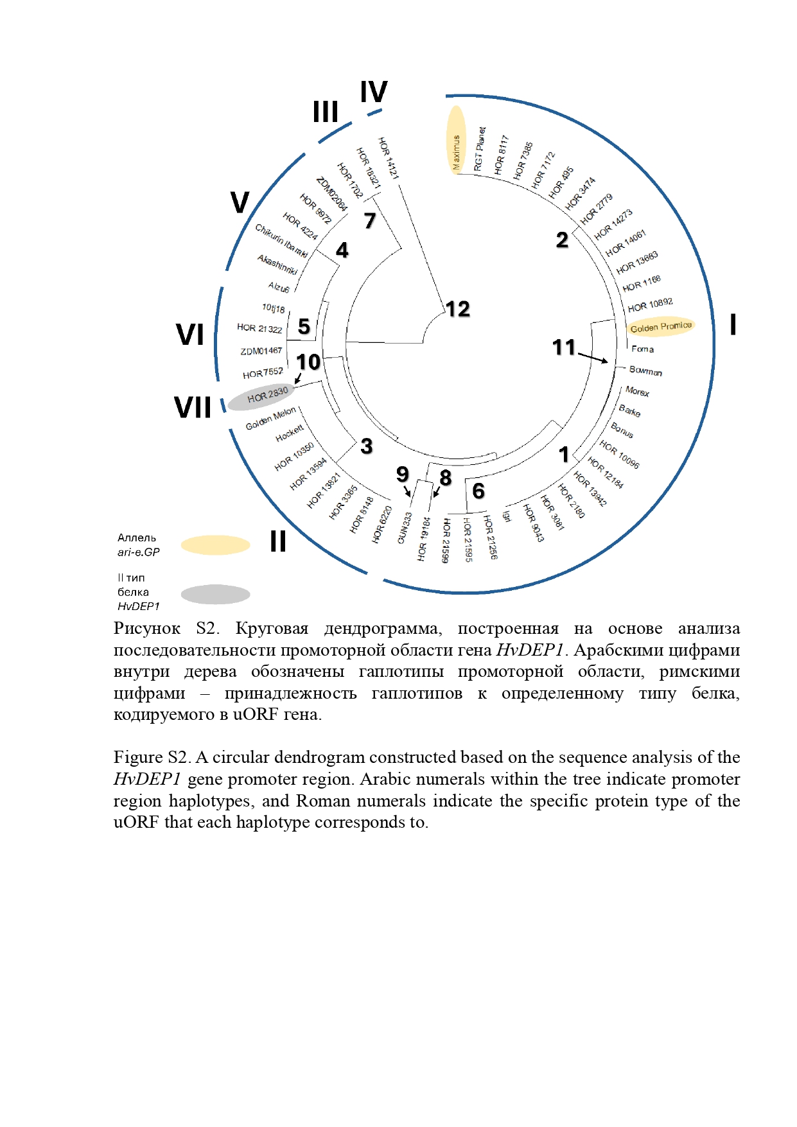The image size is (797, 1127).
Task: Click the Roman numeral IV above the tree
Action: click(x=374, y=92)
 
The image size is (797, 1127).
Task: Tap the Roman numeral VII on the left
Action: click(x=193, y=408)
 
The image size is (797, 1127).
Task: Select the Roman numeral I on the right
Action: click(x=733, y=324)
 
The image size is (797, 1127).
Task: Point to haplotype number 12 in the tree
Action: click(x=458, y=310)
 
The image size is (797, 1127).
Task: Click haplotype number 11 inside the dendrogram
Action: click(x=564, y=347)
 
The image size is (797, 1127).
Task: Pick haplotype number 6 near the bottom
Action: click(x=478, y=491)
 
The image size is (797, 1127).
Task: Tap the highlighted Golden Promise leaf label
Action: click(x=661, y=327)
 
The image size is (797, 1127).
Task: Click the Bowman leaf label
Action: click(x=645, y=371)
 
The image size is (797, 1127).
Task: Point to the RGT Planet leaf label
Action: click(x=479, y=149)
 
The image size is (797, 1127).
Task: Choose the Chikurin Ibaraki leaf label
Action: click(x=281, y=241)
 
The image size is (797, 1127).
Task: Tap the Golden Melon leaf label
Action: click(x=271, y=418)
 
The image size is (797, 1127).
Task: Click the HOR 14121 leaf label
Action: click(x=389, y=158)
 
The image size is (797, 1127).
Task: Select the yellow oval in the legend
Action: click(x=215, y=545)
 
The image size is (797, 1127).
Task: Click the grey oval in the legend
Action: click(x=215, y=595)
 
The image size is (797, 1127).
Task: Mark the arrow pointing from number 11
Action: click(x=593, y=357)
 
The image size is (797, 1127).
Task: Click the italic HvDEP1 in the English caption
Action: click(x=147, y=780)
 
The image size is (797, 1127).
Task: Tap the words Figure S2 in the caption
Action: click(x=152, y=758)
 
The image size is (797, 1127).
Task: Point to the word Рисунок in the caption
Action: click(x=146, y=629)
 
